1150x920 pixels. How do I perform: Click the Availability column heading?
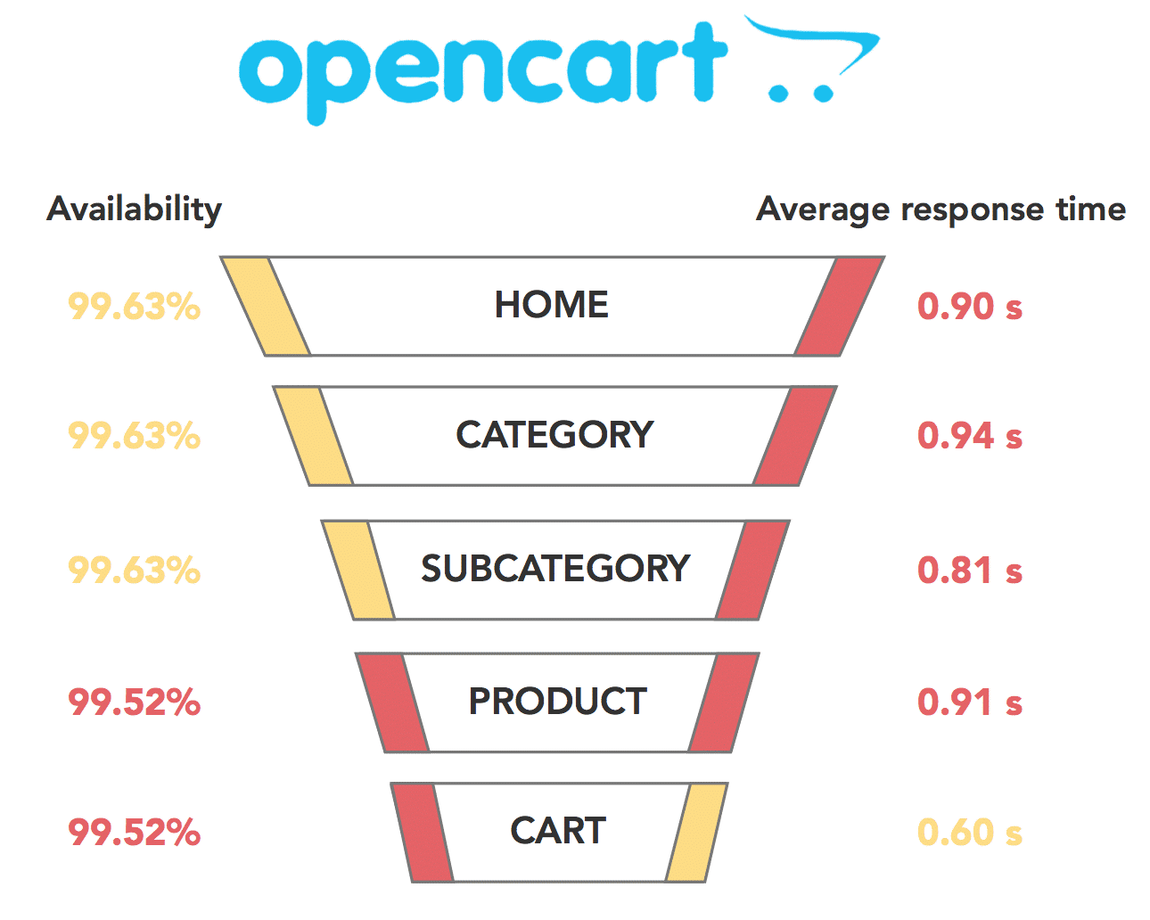[x=135, y=209]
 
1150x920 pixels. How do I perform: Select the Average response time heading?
[x=941, y=209]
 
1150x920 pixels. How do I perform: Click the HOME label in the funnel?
[x=552, y=305]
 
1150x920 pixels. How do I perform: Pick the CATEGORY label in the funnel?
[x=554, y=435]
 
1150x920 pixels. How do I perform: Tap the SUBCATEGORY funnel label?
[x=555, y=569]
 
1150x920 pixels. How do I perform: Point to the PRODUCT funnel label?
[x=558, y=702]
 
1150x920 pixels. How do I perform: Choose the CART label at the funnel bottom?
[x=558, y=831]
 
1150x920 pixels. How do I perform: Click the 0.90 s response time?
[x=970, y=307]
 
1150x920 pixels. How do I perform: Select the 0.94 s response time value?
[x=970, y=436]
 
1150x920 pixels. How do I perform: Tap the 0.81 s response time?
[x=970, y=571]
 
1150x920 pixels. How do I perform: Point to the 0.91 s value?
[x=970, y=702]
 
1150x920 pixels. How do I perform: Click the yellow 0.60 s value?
[x=970, y=833]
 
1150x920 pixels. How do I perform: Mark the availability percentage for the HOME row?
[x=135, y=307]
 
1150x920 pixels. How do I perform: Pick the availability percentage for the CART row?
[x=135, y=833]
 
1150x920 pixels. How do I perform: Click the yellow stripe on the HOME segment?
[x=266, y=306]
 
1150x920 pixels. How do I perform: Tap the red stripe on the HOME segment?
[x=839, y=306]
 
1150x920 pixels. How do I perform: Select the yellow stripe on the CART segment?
[x=696, y=832]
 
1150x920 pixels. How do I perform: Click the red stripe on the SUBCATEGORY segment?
[x=752, y=570]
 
